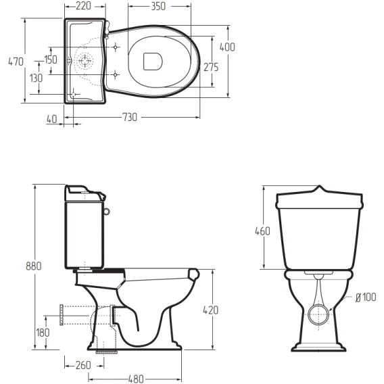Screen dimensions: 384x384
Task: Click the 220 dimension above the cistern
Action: click(84, 6)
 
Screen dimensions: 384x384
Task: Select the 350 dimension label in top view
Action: click(158, 7)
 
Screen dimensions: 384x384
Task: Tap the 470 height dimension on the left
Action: click(16, 62)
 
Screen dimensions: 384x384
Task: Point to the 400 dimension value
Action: click(227, 47)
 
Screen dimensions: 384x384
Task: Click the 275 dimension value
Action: click(211, 68)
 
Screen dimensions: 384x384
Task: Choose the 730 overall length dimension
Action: click(130, 118)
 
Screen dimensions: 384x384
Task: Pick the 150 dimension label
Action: click(51, 59)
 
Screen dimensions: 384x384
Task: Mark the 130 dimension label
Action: click(36, 78)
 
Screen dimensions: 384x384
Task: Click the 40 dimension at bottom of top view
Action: click(52, 119)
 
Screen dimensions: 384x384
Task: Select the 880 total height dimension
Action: click(34, 266)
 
